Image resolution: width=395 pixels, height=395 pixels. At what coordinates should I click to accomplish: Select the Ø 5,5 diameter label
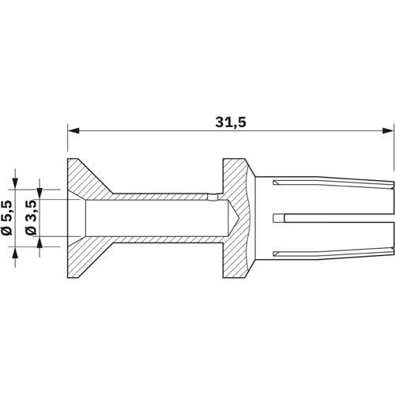click(7, 217)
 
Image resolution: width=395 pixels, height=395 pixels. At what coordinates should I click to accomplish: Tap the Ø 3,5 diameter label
click(31, 217)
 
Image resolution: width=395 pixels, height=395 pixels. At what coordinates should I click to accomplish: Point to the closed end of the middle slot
click(274, 217)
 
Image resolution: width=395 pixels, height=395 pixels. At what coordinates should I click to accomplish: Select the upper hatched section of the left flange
click(87, 178)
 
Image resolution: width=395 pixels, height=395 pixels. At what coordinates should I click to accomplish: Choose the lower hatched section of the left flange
click(87, 257)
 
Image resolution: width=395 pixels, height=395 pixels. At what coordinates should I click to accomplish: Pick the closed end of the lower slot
click(273, 254)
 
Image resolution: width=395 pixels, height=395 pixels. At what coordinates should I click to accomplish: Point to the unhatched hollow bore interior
click(150, 217)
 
